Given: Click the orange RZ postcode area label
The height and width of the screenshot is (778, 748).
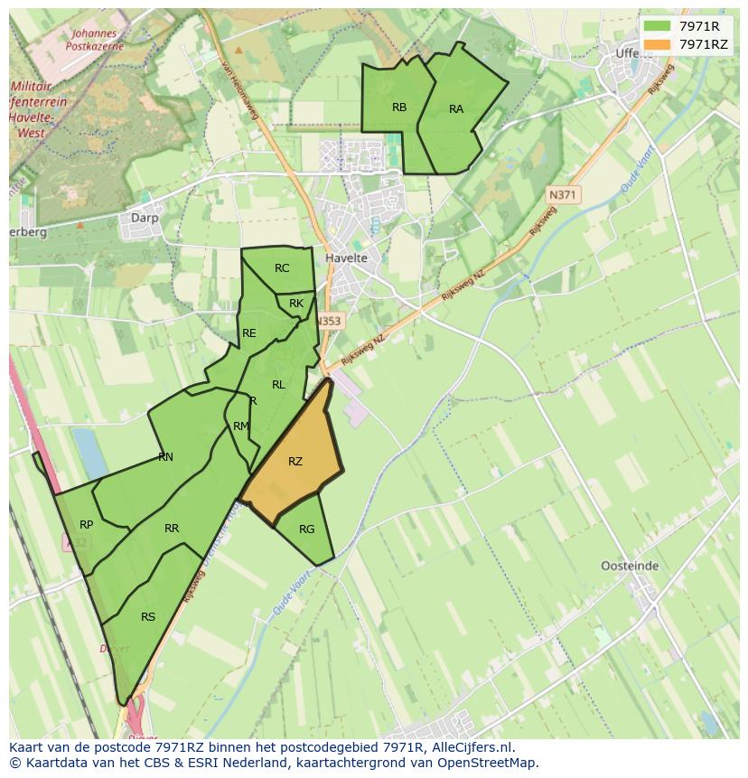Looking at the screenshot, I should (295, 462).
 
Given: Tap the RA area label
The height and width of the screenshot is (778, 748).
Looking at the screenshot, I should (456, 109).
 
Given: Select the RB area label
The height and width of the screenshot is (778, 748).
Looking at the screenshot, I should (399, 108).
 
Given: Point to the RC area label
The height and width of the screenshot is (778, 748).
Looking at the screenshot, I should (282, 268).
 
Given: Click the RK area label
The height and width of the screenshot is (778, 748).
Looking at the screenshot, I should (296, 304).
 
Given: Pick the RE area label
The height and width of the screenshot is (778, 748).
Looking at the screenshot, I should (249, 333).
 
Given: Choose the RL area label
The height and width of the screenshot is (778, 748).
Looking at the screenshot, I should (278, 385).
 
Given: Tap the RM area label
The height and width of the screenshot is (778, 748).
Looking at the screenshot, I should (240, 426).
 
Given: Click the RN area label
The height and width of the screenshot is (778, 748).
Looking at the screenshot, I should (165, 457).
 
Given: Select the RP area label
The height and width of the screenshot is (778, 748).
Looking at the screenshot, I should (87, 525).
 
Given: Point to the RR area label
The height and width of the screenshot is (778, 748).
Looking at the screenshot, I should (172, 529).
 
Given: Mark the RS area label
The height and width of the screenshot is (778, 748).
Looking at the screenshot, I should (148, 617).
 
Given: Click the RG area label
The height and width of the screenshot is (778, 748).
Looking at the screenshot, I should (306, 530).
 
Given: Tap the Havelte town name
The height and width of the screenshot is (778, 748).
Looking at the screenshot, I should (346, 258).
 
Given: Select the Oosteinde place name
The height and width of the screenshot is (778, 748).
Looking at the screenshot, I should (630, 567).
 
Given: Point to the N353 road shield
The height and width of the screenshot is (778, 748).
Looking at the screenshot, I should (330, 321).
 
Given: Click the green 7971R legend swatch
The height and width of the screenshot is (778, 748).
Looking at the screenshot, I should (657, 26).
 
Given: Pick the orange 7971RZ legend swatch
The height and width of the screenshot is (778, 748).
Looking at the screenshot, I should (657, 44).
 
